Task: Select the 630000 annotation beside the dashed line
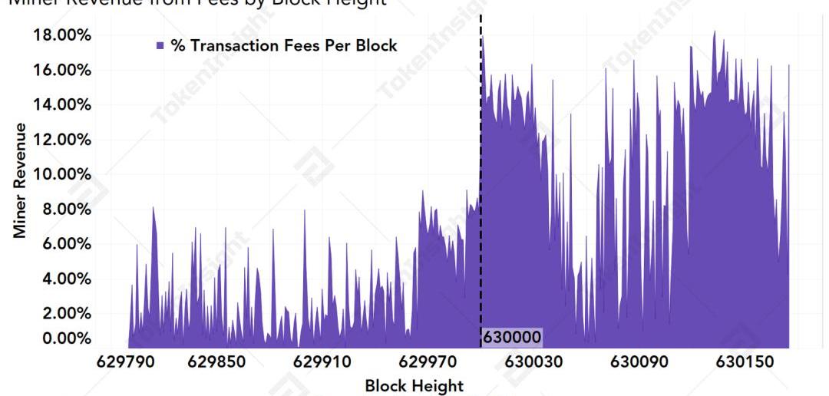(512, 337)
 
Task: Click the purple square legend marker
(160, 46)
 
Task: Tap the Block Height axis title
(414, 385)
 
